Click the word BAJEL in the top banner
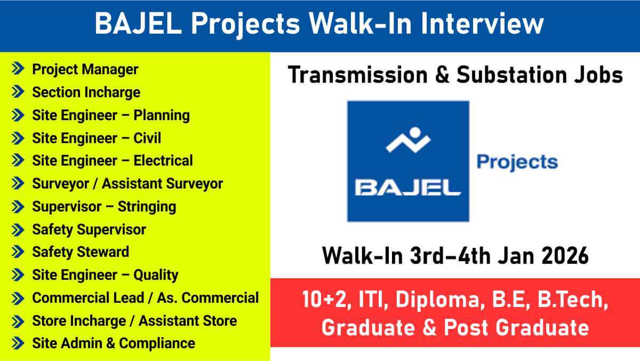pos(138,23)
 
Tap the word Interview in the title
pos(482,23)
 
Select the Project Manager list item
pos(85,70)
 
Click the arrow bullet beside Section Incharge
pos(18,92)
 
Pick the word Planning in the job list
pos(162,116)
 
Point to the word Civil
pos(147,138)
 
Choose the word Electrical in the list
pos(163,161)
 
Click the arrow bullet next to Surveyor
pos(18,183)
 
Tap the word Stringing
pos(147,207)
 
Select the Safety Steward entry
pos(81,252)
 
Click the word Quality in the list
pos(156,276)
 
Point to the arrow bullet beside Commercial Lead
pos(18,299)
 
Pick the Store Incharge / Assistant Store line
pos(134,321)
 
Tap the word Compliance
pos(157,344)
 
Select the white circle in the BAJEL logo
pos(415,133)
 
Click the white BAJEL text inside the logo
pos(407,188)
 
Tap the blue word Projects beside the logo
pos(517,163)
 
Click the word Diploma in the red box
pos(441,300)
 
